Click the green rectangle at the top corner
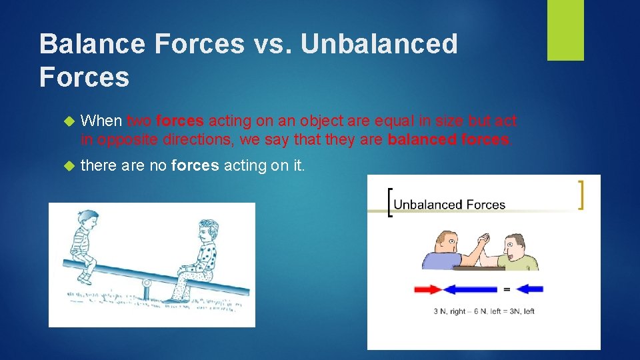[565, 30]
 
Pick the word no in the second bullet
[157, 165]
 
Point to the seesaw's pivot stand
[146, 289]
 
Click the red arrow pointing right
[428, 289]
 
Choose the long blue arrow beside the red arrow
[471, 289]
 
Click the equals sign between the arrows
[507, 289]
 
